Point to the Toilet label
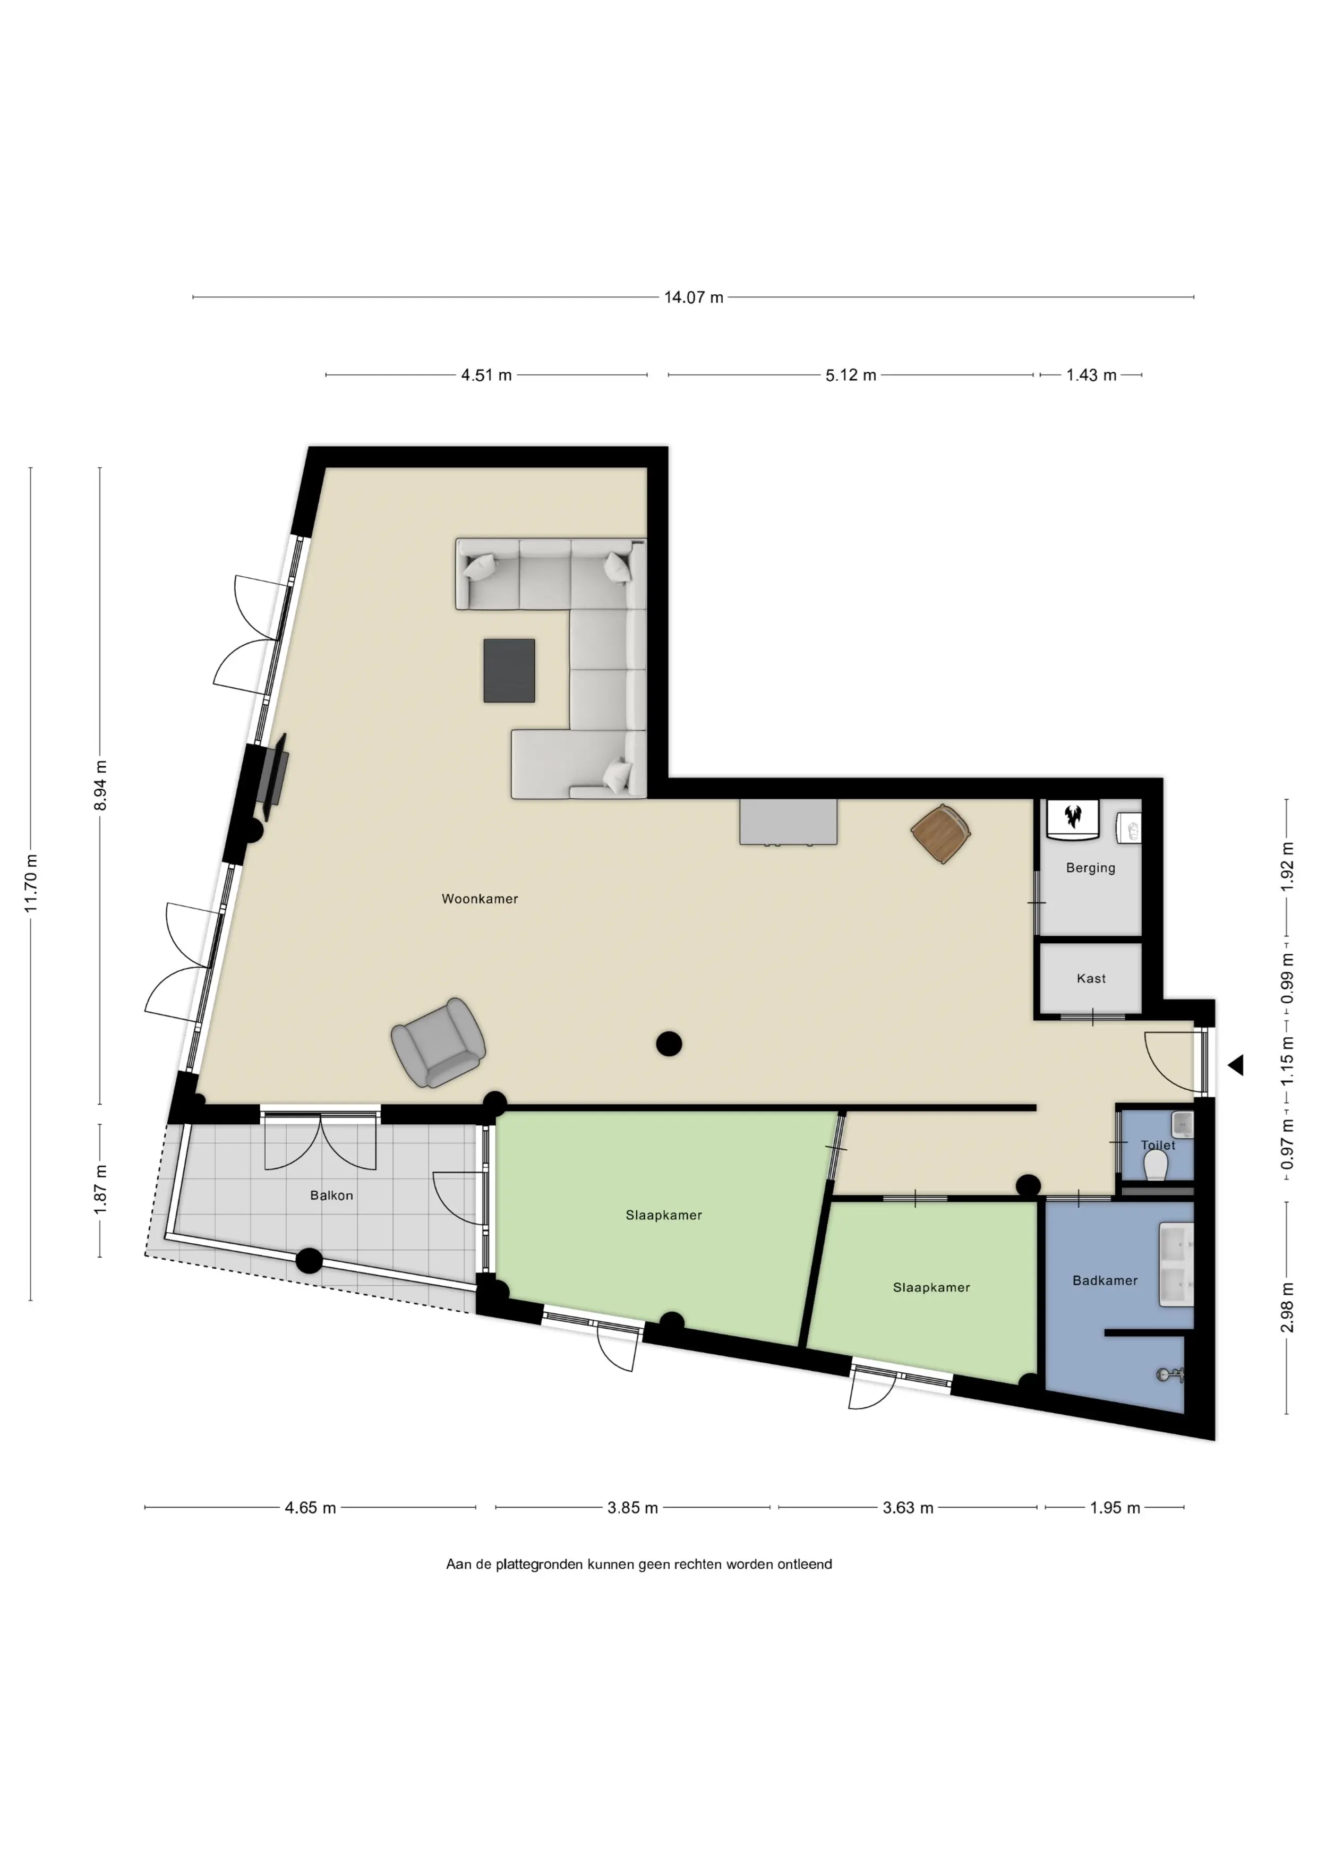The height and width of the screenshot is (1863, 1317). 1158,1145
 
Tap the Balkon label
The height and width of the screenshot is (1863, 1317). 331,1195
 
